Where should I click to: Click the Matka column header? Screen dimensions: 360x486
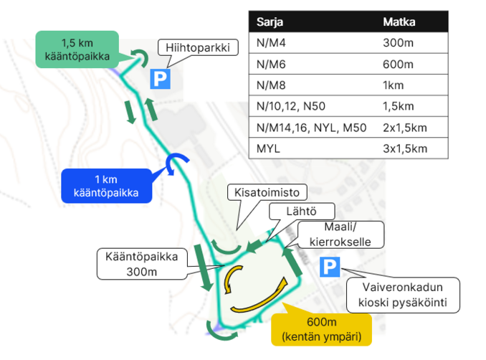[x=399, y=22]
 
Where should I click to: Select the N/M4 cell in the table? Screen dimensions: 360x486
[x=272, y=43]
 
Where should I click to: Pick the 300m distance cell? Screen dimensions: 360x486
[x=398, y=43]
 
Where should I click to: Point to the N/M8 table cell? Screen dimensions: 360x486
[x=272, y=85]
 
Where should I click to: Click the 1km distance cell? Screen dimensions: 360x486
[x=394, y=85]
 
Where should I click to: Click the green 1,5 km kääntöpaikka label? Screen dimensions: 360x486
[x=77, y=49]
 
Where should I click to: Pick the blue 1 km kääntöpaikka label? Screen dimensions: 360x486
[x=105, y=186]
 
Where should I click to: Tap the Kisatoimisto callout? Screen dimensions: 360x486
[x=267, y=192]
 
